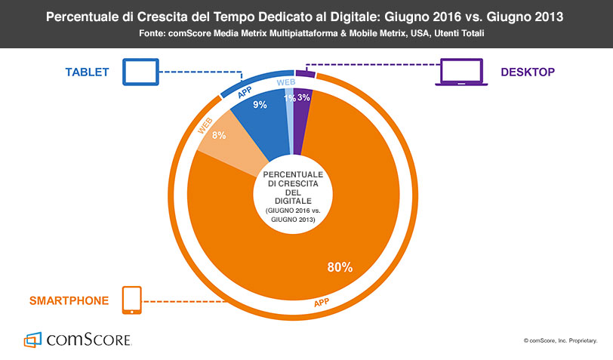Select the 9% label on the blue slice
260,106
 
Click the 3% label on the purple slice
303,98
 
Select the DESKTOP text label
528,72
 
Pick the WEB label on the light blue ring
286,82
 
